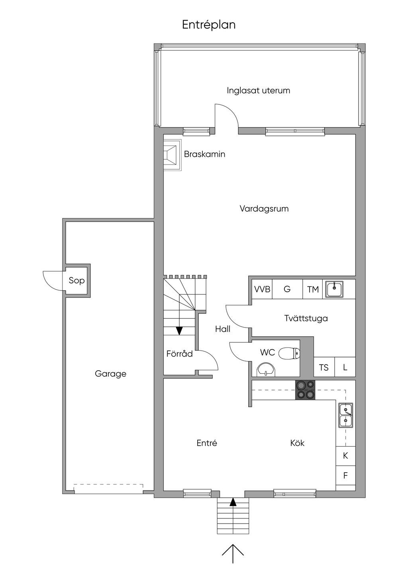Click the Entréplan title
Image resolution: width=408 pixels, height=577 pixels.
click(x=209, y=25)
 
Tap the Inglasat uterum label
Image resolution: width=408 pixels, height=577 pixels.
click(x=258, y=90)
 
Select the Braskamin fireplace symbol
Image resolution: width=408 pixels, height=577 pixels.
click(x=172, y=155)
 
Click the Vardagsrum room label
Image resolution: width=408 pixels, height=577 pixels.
click(x=264, y=208)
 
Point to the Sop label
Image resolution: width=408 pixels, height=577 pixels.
click(x=76, y=281)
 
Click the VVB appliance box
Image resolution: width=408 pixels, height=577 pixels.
click(x=262, y=289)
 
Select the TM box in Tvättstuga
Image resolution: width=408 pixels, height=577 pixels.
click(x=313, y=289)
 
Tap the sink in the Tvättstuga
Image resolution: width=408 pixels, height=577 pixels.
click(x=334, y=289)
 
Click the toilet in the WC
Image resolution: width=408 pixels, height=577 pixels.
click(x=290, y=353)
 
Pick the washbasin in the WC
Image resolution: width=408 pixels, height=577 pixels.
click(x=266, y=370)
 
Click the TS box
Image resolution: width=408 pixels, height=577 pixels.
click(x=324, y=367)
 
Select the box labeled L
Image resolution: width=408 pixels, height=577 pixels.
click(x=345, y=367)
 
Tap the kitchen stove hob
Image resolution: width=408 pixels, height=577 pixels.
click(x=305, y=390)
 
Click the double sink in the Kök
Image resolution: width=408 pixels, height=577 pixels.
click(x=346, y=415)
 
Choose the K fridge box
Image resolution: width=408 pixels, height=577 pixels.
click(x=346, y=456)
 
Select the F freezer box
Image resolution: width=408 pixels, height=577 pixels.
click(x=346, y=475)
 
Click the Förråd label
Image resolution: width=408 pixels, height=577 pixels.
click(x=180, y=354)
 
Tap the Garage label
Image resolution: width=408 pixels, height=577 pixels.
click(x=110, y=374)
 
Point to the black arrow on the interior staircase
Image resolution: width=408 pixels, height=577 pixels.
click(x=179, y=331)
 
